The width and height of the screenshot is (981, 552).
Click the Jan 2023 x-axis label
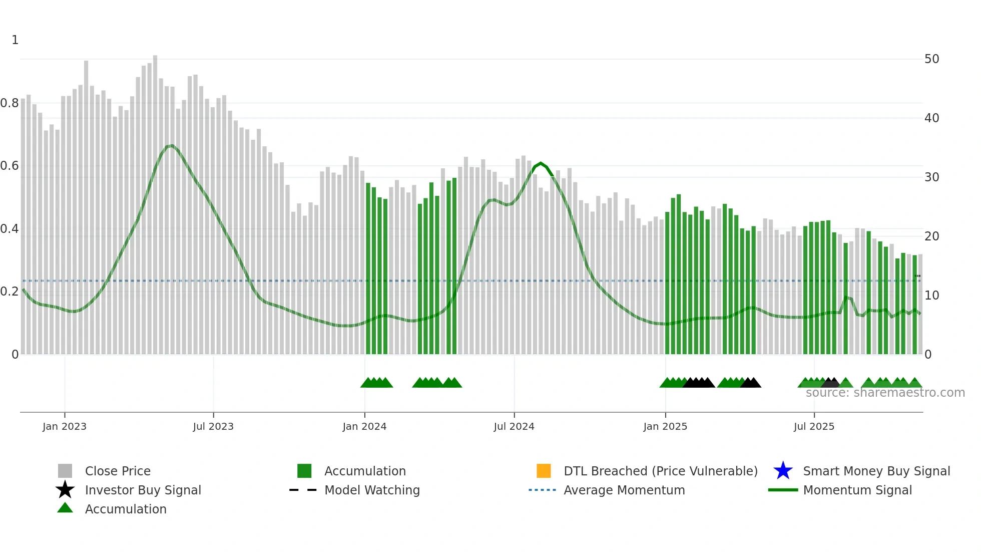(x=65, y=426)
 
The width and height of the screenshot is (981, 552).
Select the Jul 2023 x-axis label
(x=213, y=426)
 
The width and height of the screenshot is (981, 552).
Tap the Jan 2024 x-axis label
(x=364, y=426)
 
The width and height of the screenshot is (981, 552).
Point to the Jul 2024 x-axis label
(x=514, y=426)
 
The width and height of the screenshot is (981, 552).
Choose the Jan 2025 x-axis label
(x=665, y=426)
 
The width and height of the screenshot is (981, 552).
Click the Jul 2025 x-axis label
(x=814, y=426)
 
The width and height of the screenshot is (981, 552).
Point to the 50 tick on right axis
(x=931, y=59)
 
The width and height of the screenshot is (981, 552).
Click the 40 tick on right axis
(x=931, y=118)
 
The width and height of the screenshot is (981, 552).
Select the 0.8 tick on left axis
(x=10, y=103)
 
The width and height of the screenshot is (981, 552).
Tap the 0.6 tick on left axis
(x=10, y=166)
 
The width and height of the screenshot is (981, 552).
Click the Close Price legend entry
(x=118, y=471)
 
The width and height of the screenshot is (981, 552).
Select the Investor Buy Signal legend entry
(x=143, y=490)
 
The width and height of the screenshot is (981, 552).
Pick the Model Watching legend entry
(x=372, y=490)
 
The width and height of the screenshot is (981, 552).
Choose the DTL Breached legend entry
(x=661, y=471)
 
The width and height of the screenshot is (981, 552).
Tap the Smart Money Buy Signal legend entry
(x=876, y=471)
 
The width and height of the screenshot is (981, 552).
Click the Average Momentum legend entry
(x=624, y=490)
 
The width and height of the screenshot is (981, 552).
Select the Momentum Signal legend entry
(x=857, y=490)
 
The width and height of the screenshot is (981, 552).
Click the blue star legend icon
(x=783, y=471)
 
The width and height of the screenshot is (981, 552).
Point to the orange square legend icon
(x=544, y=471)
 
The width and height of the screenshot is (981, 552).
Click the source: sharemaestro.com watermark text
(x=885, y=393)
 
